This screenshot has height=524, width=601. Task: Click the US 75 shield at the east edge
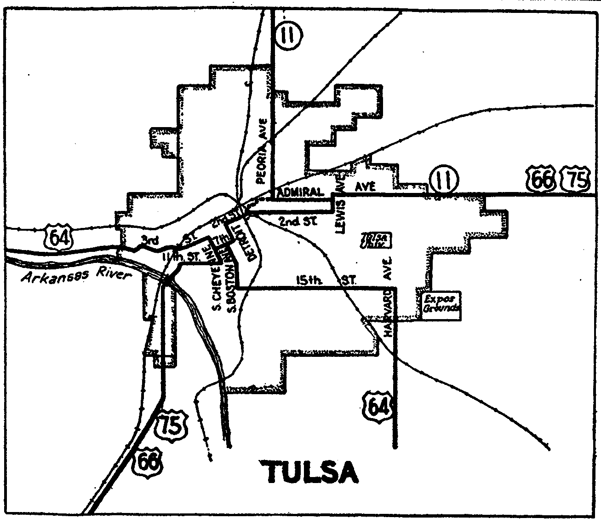[575, 180]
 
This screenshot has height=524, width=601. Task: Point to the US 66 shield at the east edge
[541, 180]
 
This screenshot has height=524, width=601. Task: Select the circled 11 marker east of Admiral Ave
[442, 180]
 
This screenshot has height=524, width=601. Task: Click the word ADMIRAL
[301, 192]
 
